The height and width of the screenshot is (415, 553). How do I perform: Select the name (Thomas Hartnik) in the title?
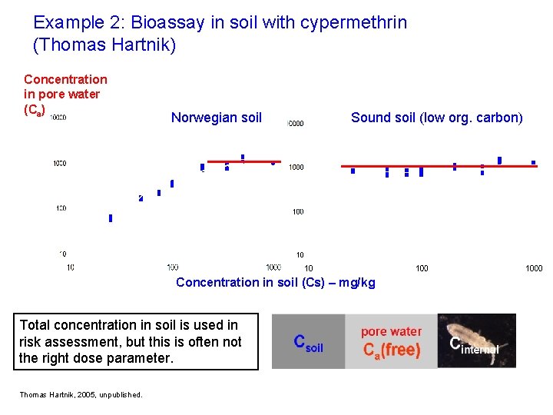point(105,45)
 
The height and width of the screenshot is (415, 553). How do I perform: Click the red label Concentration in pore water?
point(65,87)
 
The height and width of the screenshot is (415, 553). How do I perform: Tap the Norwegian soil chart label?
point(216,118)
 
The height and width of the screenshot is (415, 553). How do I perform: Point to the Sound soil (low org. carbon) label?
point(436,118)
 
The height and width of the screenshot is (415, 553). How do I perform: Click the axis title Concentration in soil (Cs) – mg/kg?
point(276,282)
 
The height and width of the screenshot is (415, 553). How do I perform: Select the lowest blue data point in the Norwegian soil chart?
point(111,218)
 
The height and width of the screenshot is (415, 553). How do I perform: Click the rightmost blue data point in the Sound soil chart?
point(533,162)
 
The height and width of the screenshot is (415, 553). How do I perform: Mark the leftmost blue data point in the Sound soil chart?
point(353,171)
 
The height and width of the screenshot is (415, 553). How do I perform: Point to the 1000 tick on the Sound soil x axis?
point(534,268)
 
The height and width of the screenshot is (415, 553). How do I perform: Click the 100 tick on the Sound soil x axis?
point(422,268)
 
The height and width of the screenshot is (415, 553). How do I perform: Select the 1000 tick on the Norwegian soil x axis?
point(273,267)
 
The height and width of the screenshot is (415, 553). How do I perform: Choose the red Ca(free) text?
point(391,350)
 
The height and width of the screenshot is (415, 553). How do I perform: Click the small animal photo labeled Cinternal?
point(476,340)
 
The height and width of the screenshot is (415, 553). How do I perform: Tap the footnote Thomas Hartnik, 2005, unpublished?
point(81,395)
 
